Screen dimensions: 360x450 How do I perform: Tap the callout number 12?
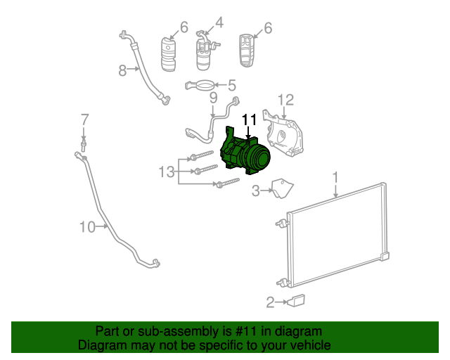pos(285,100)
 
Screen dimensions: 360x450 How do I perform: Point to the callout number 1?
pos(336,176)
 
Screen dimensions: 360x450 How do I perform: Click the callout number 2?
pos(270,303)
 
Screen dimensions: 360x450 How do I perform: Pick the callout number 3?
pos(257,189)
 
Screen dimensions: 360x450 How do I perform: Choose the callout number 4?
pos(219,23)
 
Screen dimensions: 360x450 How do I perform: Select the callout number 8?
pos(122,70)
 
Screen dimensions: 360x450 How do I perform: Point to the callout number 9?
pos(214,98)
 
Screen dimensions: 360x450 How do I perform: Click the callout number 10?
pos(86,226)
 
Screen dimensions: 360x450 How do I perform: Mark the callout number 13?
pos(165,171)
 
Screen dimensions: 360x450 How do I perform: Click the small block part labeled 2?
pos(296,301)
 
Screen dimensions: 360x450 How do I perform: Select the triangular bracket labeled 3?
pos(282,188)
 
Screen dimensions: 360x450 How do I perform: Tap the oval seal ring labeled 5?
pos(202,86)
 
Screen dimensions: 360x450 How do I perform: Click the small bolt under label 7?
pos(84,144)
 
